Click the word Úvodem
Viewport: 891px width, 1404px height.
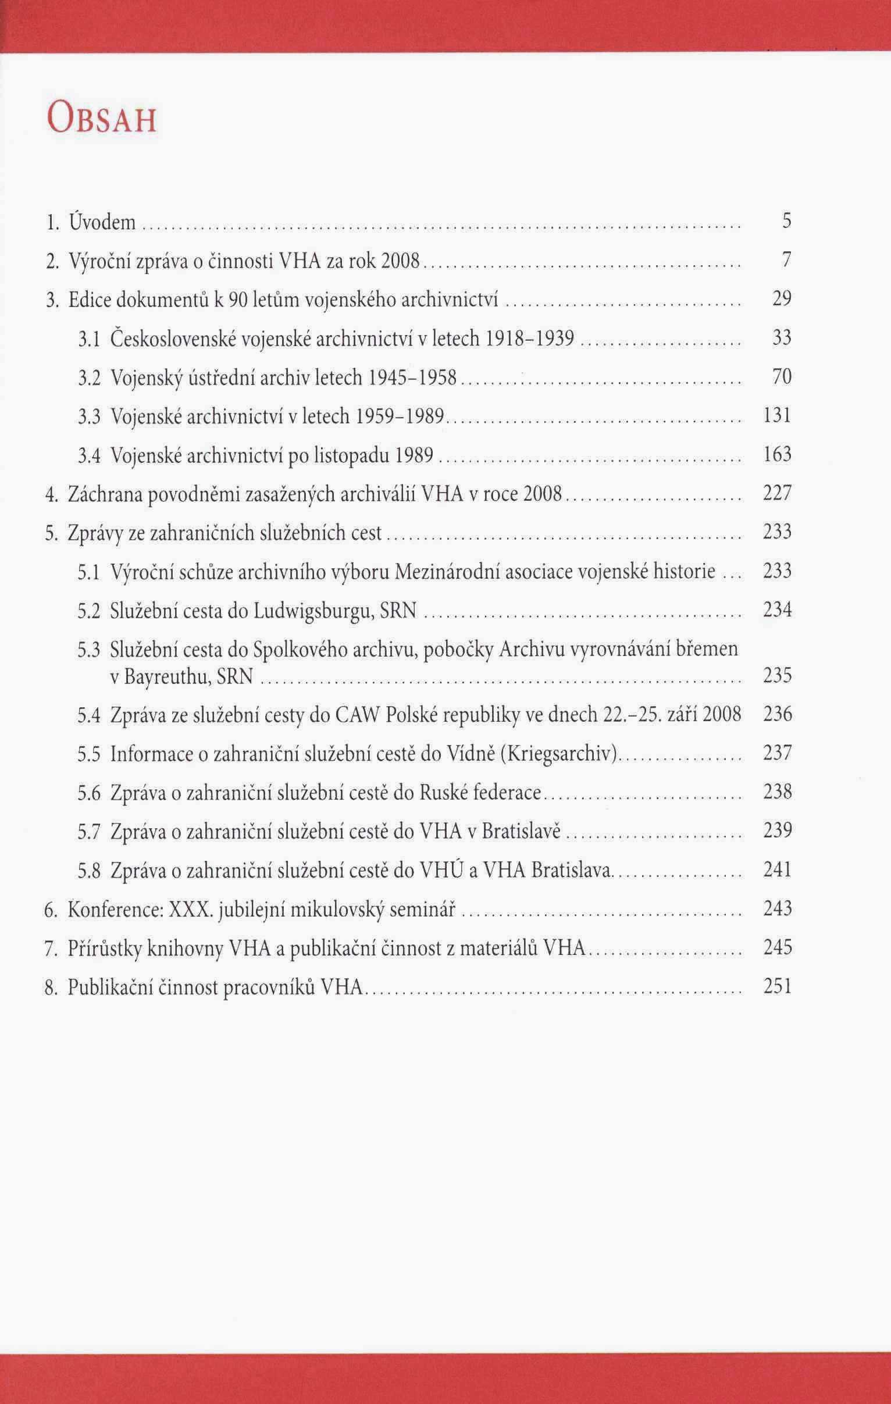tap(102, 222)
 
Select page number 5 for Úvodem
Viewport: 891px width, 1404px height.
tap(787, 222)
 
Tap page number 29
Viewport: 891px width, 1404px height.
tap(782, 299)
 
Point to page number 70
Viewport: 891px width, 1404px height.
tap(782, 377)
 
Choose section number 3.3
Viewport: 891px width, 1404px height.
tap(90, 416)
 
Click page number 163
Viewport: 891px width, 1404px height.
tap(777, 455)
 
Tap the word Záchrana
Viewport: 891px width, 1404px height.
tap(105, 494)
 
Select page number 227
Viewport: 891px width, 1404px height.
tap(777, 494)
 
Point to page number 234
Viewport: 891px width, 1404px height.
tap(777, 611)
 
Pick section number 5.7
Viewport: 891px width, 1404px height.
tap(90, 832)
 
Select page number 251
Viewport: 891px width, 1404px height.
tap(777, 986)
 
